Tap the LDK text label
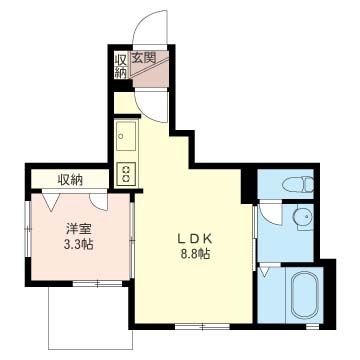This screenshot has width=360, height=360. pos(196,238)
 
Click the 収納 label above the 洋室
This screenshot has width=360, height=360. pos(69,180)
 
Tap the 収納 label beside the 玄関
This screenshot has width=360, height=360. pos(120,64)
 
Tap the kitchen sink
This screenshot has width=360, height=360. pos(126,133)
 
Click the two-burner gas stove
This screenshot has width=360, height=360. pos(127,171)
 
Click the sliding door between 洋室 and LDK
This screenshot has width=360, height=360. pos(133,240)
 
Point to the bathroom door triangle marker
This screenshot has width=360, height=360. pos(264,270)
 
